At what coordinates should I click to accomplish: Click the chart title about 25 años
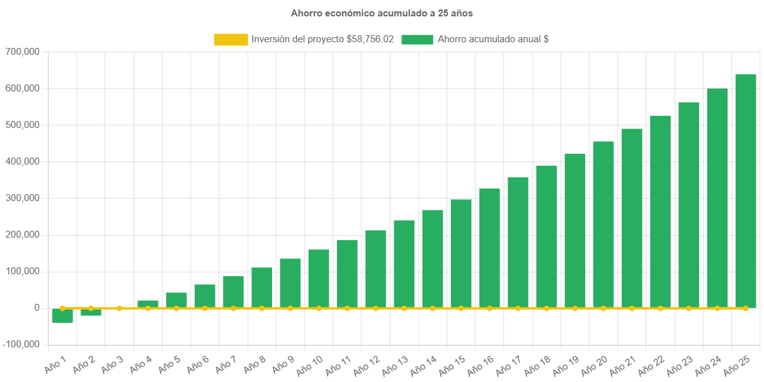[382, 13]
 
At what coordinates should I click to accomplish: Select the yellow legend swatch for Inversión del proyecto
[231, 39]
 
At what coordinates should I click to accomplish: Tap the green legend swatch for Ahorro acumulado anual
[416, 39]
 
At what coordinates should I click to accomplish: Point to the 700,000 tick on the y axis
[23, 52]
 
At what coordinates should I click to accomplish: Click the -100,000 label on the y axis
[21, 344]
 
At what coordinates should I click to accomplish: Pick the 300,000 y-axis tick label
[23, 198]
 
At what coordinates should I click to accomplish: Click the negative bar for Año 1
[62, 316]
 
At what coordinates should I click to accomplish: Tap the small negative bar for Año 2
[91, 312]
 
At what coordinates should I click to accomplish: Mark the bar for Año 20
[603, 224]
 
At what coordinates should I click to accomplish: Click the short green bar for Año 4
[147, 304]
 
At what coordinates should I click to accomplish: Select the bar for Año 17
[518, 242]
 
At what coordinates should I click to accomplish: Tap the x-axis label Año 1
[55, 362]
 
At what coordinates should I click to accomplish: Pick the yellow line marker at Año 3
[119, 308]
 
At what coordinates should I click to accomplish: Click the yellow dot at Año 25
[745, 308]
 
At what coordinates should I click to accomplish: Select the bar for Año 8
[261, 287]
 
